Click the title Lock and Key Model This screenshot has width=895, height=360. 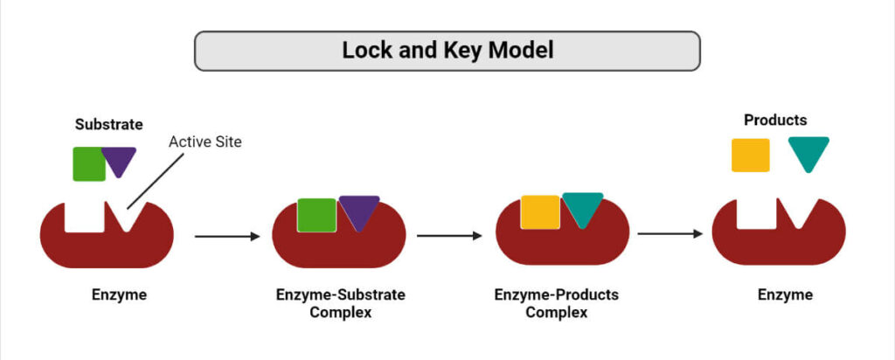447,51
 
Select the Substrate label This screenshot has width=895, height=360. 108,125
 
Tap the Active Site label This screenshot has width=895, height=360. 205,142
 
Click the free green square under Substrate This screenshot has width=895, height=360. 89,163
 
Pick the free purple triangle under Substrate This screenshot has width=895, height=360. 119,160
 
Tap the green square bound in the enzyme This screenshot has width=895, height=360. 316,215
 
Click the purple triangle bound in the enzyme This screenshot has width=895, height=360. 358,210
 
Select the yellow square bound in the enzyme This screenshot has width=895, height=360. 540,211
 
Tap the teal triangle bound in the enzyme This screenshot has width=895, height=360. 582,206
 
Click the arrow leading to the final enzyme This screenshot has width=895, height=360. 670,234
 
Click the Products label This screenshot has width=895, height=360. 774,120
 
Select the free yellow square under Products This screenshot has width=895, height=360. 750,155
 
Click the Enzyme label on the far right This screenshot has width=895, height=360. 784,294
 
